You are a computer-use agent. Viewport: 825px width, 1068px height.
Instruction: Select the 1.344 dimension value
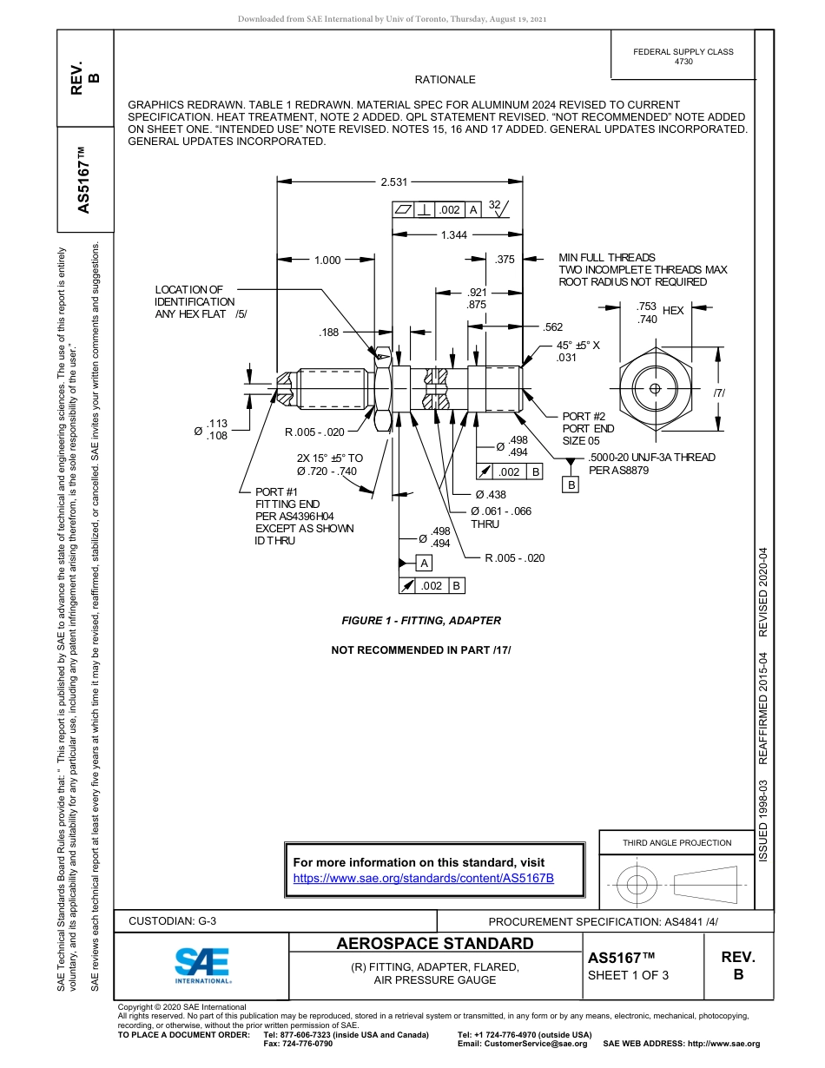(x=453, y=235)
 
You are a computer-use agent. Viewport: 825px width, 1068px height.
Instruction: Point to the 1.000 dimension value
(x=327, y=260)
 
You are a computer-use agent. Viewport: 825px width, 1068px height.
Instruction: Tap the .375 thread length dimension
(x=505, y=260)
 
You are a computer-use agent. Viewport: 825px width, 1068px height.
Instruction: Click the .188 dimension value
(x=329, y=332)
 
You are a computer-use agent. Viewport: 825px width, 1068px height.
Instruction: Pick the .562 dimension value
(x=553, y=327)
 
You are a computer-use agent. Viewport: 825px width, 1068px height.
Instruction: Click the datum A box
(x=425, y=564)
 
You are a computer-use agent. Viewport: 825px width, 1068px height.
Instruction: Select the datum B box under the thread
(x=571, y=485)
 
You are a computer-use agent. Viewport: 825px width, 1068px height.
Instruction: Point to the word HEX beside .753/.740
(x=673, y=311)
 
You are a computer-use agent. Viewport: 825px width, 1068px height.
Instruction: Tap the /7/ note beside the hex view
(x=719, y=393)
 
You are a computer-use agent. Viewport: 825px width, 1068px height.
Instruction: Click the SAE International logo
(x=202, y=965)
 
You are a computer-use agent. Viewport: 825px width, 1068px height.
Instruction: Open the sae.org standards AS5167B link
(x=424, y=879)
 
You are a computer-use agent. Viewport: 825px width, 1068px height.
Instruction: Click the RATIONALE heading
(x=445, y=80)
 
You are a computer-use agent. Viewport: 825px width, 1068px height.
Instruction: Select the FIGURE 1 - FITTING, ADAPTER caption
(x=421, y=621)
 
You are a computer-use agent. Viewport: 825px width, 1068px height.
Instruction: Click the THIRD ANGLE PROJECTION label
(x=676, y=842)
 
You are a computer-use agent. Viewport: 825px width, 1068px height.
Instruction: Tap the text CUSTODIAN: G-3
(x=172, y=921)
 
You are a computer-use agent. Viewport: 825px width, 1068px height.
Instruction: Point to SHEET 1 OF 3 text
(x=628, y=974)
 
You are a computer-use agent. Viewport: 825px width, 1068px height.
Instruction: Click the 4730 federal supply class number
(x=683, y=63)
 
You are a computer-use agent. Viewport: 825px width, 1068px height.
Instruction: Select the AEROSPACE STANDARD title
(x=435, y=944)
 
